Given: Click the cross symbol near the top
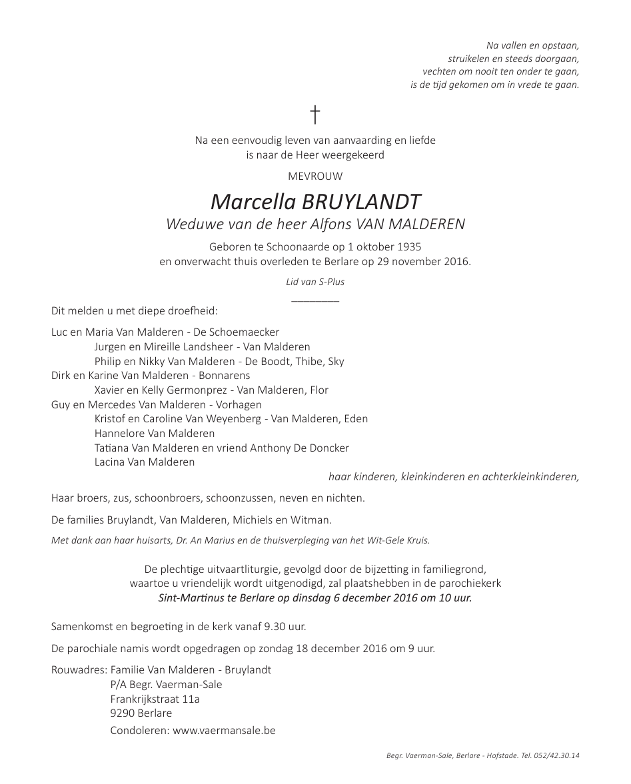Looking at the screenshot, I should (x=315, y=115).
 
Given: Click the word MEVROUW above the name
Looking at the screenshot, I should (x=315, y=177).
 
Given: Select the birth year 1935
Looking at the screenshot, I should (x=406, y=246).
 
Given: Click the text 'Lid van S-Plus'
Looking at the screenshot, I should (x=315, y=282).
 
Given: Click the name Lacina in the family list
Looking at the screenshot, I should (x=111, y=462).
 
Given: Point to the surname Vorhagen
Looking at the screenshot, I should (x=239, y=405).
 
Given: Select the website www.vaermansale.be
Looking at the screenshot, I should (x=224, y=730).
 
